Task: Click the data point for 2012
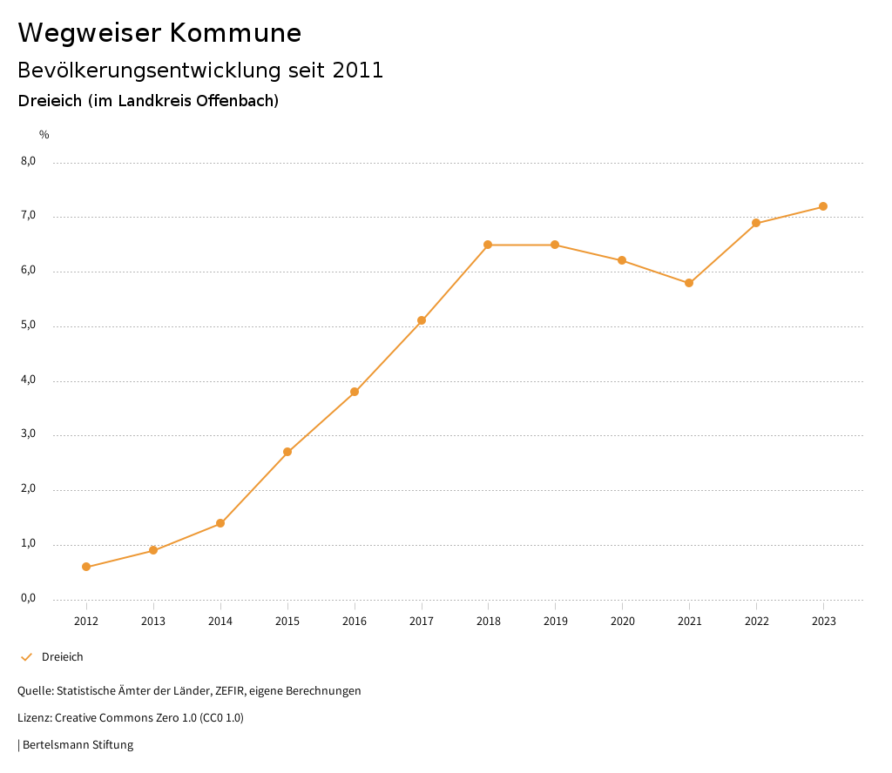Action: pyautogui.click(x=86, y=567)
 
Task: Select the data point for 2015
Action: pyautogui.click(x=287, y=452)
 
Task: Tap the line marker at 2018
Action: pyautogui.click(x=488, y=245)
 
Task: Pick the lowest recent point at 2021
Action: pyautogui.click(x=689, y=283)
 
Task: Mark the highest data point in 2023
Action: pyautogui.click(x=823, y=206)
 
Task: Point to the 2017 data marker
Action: pyautogui.click(x=422, y=320)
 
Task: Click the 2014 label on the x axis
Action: pyautogui.click(x=220, y=622)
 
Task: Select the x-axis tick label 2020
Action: pyautogui.click(x=622, y=622)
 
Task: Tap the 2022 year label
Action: pyautogui.click(x=756, y=622)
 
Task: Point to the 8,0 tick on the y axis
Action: pyautogui.click(x=29, y=161)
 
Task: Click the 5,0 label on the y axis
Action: pyautogui.click(x=29, y=326)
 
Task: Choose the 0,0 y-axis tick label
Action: pyautogui.click(x=29, y=599)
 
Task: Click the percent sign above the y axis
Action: pyautogui.click(x=44, y=135)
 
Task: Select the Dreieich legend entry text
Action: pyautogui.click(x=63, y=657)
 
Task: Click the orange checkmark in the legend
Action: pyautogui.click(x=26, y=657)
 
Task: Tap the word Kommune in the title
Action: pyautogui.click(x=235, y=33)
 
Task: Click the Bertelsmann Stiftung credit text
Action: pyautogui.click(x=78, y=745)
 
